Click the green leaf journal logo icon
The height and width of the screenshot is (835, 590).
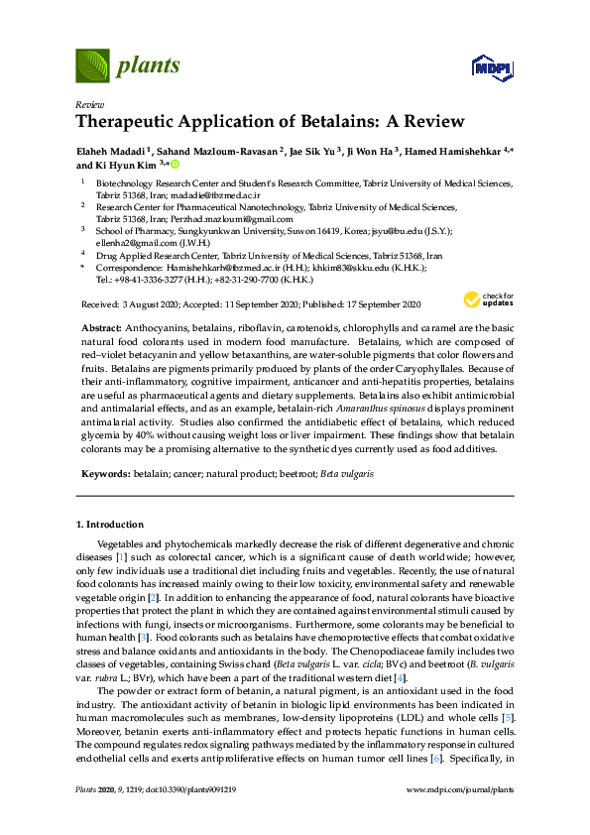(93, 66)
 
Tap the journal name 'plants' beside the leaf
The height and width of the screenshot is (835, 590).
(148, 66)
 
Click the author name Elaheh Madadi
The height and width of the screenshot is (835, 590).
(112, 151)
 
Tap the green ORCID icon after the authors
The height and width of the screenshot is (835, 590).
(175, 165)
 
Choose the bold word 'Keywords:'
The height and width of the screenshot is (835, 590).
(104, 476)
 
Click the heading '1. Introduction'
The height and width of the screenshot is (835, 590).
(109, 524)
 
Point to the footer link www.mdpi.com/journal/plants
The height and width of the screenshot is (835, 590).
(460, 817)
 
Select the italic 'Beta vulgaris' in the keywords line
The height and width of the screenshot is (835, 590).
(347, 476)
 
